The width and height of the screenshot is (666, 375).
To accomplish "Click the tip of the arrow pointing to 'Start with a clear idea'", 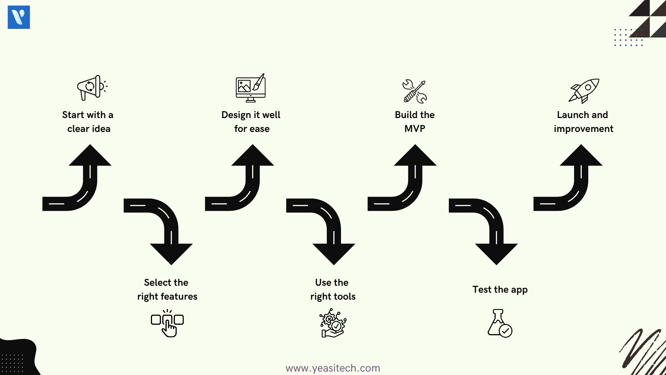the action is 90,144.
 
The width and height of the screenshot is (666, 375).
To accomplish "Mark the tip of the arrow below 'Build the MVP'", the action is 415,144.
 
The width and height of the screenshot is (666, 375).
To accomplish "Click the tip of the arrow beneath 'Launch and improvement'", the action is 581,144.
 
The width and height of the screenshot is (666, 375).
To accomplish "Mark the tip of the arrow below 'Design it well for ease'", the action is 253,144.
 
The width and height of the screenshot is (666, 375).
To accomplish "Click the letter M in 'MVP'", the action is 408,129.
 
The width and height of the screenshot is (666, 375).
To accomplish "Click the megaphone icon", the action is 92,88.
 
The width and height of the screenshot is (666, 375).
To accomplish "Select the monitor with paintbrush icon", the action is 251,88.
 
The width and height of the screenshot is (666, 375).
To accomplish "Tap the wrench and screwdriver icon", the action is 415,91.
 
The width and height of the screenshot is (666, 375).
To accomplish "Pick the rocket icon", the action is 584,91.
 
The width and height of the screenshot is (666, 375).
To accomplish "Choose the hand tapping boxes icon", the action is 167,323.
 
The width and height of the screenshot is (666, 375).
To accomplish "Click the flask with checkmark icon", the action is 500,323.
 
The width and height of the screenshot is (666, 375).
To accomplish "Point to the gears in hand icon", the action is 333,323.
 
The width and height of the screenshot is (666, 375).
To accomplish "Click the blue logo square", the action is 19,17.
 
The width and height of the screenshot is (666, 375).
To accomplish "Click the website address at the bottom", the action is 333,368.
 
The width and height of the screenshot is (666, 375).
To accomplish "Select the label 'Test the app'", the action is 500,290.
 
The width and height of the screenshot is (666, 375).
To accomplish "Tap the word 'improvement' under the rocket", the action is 583,129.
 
